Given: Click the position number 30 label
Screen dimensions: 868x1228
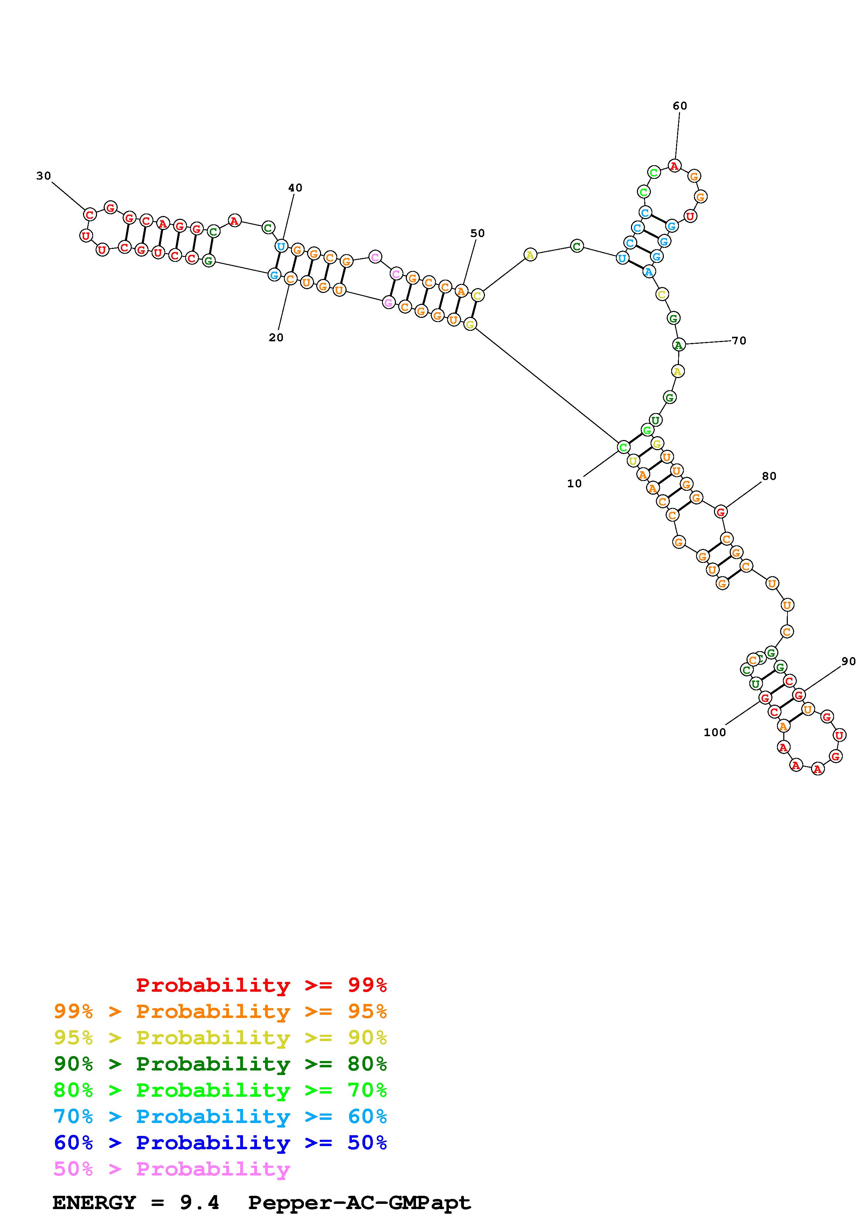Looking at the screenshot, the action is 44,176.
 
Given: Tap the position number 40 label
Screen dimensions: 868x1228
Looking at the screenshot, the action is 295,188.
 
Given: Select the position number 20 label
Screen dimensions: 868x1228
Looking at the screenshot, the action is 276,337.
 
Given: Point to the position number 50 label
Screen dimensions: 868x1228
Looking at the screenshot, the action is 478,233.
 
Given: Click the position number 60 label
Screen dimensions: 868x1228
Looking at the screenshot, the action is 680,106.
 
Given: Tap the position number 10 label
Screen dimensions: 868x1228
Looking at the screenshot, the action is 574,483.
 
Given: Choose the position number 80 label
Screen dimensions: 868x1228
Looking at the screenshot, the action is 769,476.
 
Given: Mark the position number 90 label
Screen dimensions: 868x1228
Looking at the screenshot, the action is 849,662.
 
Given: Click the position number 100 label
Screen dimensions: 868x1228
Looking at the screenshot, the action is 715,732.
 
